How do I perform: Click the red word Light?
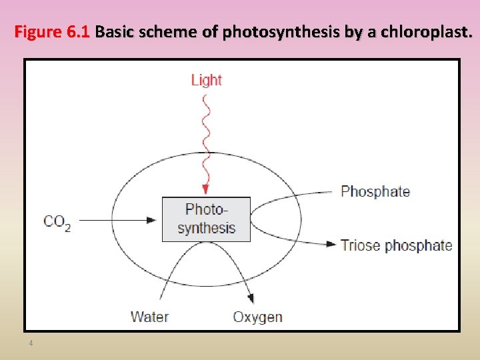(x=206, y=80)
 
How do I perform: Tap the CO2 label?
(x=57, y=222)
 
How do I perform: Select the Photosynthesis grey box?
(x=207, y=219)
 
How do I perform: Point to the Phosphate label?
(x=375, y=192)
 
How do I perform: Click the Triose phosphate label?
(x=396, y=245)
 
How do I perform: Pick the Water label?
(x=149, y=317)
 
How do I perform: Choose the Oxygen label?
(x=257, y=317)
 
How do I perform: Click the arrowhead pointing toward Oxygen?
(x=251, y=300)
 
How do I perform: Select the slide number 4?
(x=31, y=343)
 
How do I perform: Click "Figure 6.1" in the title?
(x=52, y=31)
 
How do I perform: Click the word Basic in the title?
(x=115, y=31)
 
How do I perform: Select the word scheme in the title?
(x=171, y=31)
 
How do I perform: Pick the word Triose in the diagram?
(x=360, y=245)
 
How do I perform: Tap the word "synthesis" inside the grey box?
(x=207, y=228)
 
